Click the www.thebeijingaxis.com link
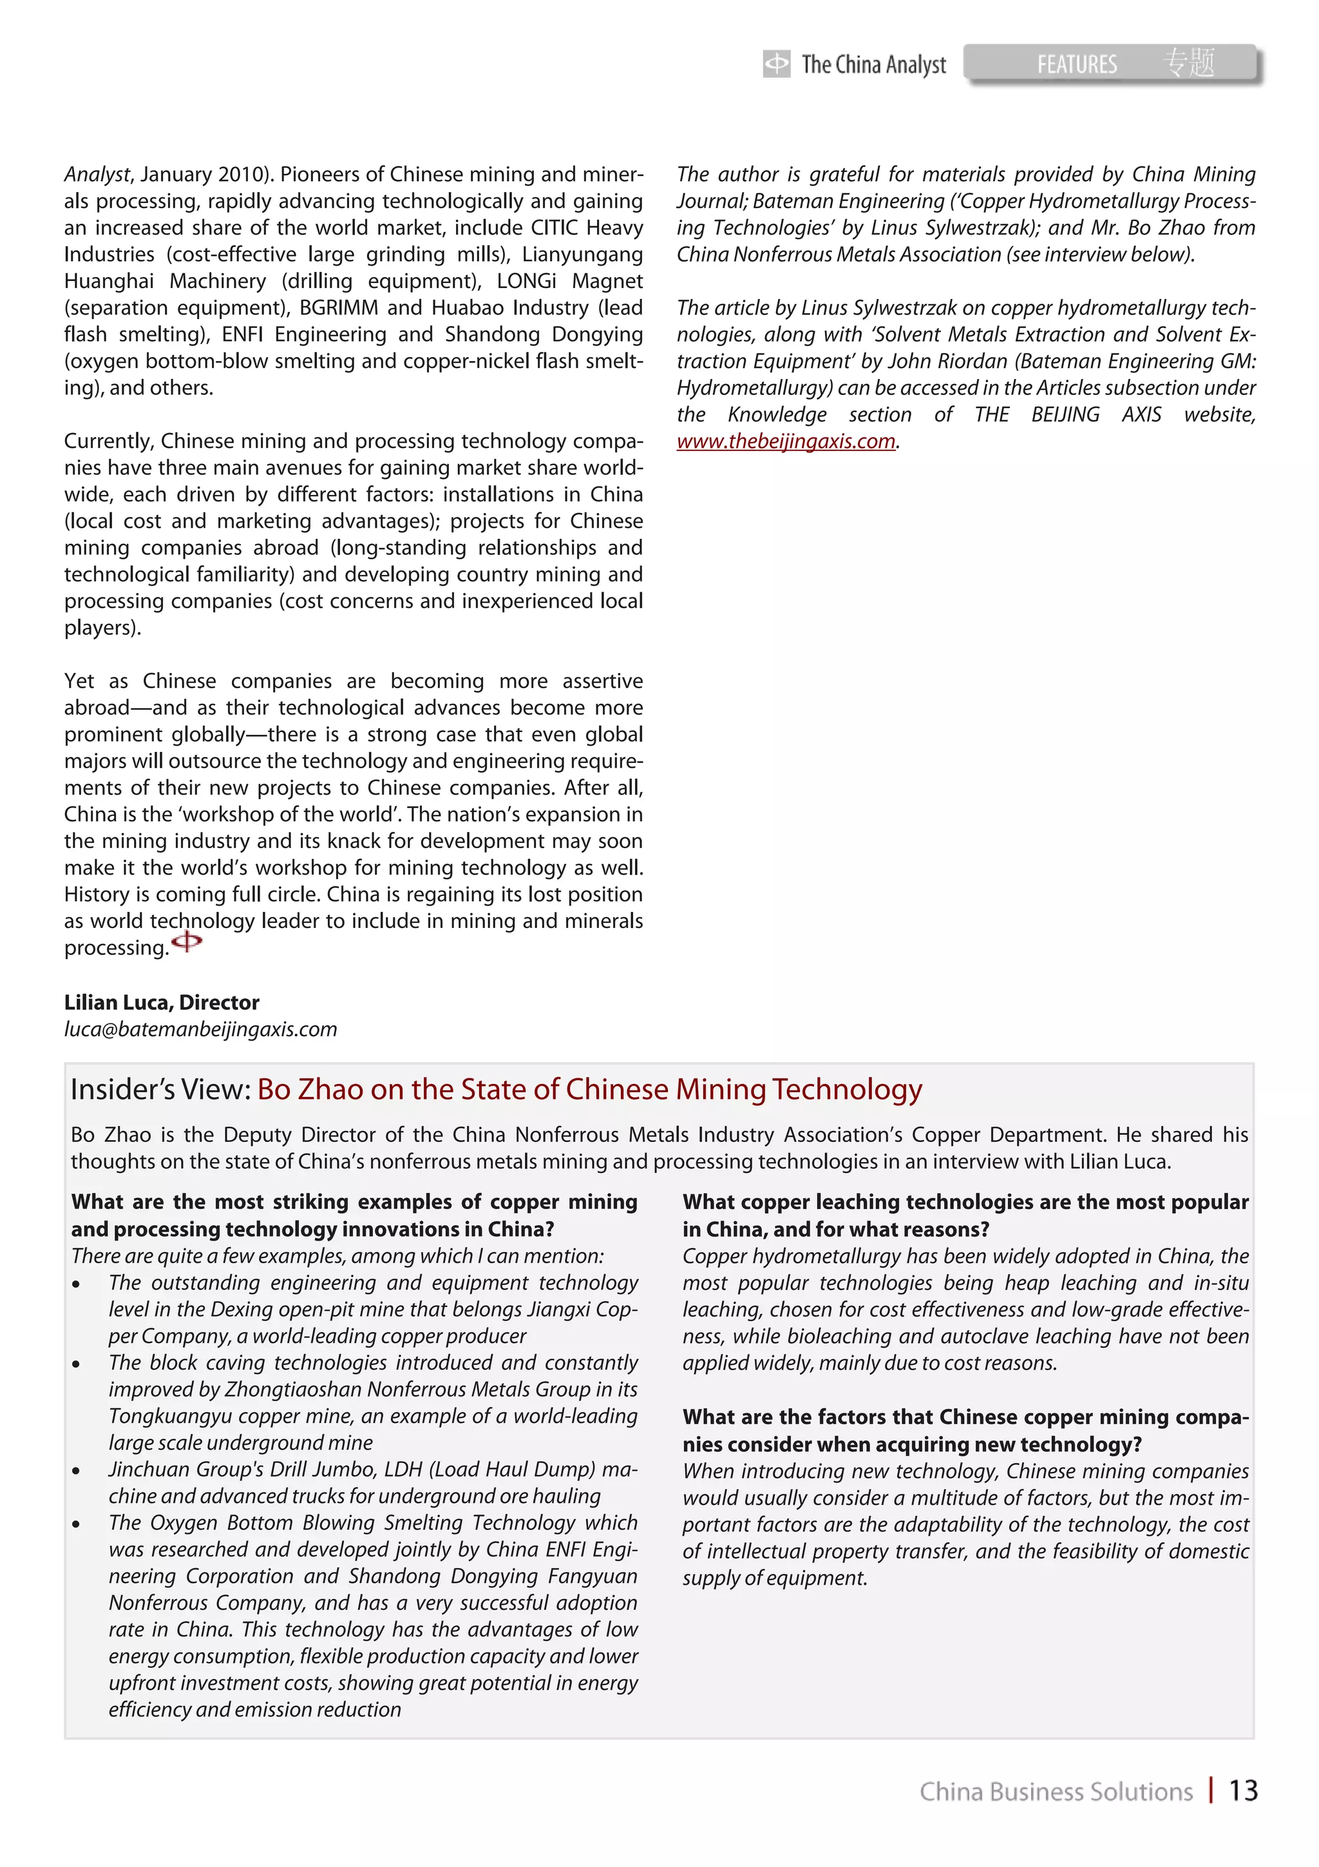coord(786,441)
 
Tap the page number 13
coord(1242,1790)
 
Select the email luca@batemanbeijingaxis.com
coord(200,1029)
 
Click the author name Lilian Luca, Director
coord(162,1003)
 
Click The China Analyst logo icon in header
coord(776,63)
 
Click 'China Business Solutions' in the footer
coord(1056,1792)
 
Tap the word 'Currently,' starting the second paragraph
coord(109,441)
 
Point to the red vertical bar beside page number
coord(1211,1790)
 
